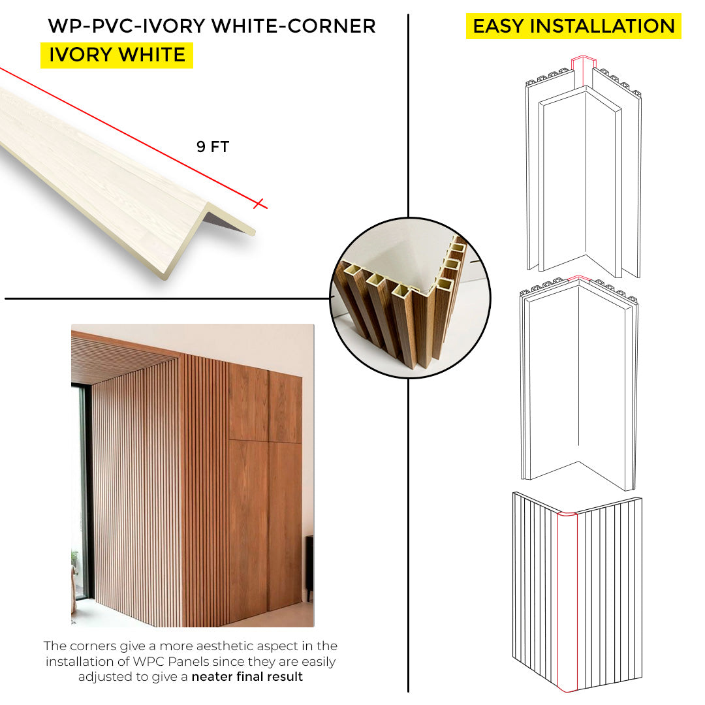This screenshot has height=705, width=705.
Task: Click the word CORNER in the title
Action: [x=332, y=26]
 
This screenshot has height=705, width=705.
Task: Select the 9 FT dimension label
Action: [x=213, y=147]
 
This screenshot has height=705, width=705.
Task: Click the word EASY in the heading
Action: [x=498, y=26]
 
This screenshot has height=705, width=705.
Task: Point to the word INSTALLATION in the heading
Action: [x=603, y=26]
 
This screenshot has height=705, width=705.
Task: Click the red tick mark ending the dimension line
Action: [x=258, y=204]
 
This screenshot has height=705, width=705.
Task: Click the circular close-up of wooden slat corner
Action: [x=410, y=298]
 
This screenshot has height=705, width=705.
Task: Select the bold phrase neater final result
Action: [x=247, y=677]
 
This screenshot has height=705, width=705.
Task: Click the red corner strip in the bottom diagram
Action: [x=567, y=602]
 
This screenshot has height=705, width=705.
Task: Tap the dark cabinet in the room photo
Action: [x=309, y=567]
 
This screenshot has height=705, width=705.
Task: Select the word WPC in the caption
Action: [x=148, y=661]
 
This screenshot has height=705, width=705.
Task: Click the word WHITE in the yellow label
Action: [x=152, y=55]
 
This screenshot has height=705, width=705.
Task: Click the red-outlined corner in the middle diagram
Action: [x=579, y=279]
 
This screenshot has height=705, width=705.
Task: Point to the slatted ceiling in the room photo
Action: [x=121, y=358]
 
